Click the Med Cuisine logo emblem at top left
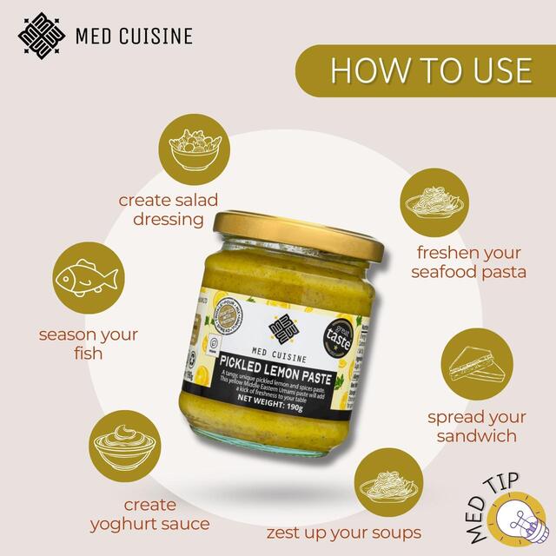43,36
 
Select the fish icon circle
86,279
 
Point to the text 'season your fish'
89,344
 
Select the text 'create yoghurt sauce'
149,514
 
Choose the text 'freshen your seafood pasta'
470,262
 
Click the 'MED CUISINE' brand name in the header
134,36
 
